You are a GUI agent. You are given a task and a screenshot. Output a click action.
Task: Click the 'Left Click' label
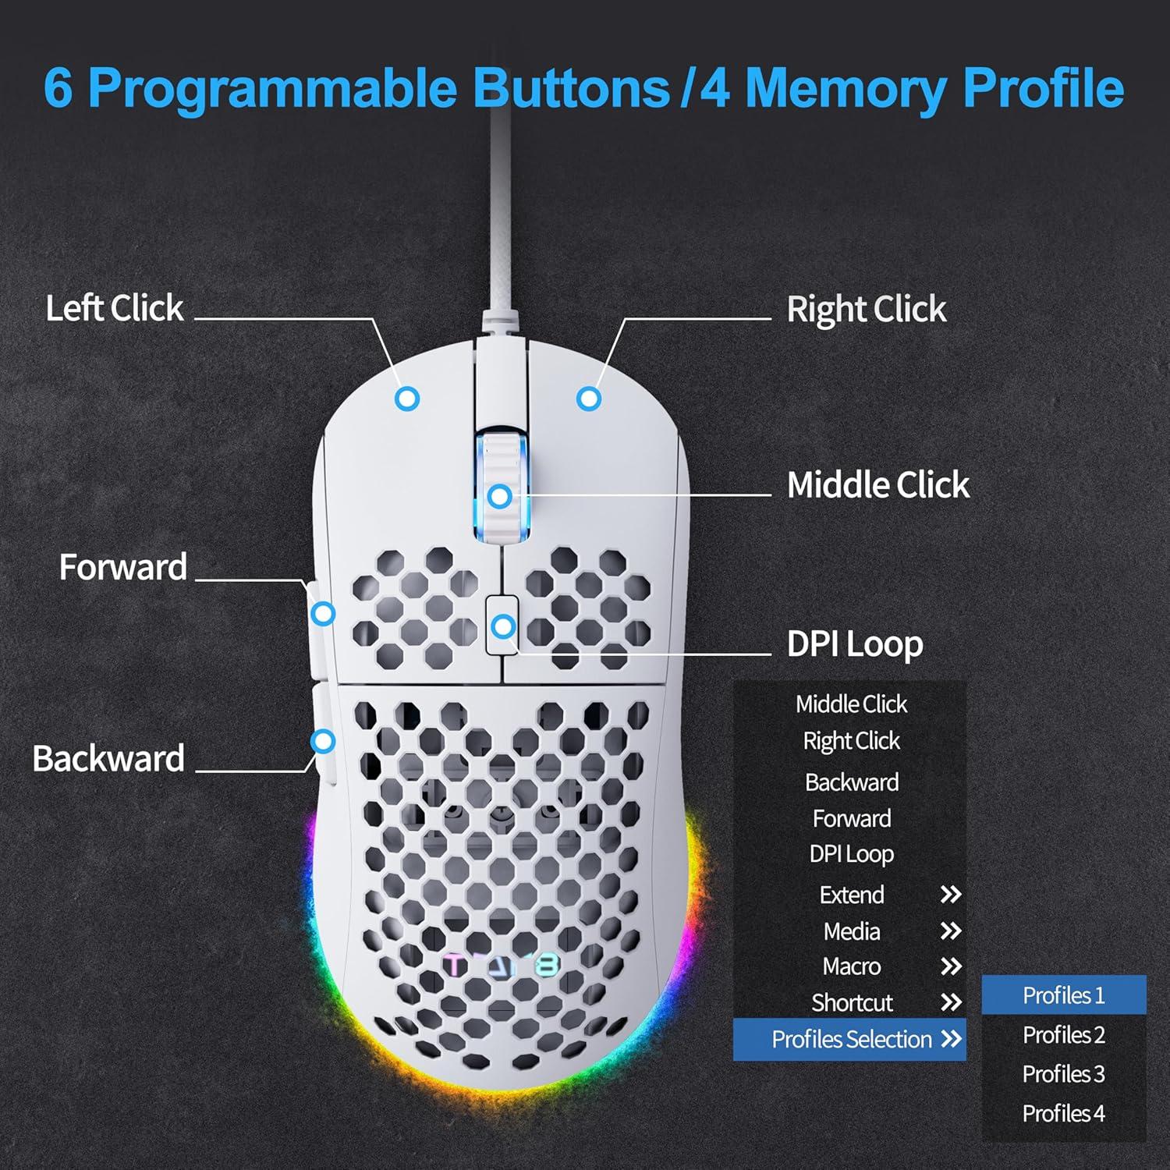tap(115, 308)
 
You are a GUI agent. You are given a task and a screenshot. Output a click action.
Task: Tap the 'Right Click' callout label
tap(866, 310)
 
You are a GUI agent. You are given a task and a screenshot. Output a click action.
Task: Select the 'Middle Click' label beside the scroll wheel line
tap(877, 485)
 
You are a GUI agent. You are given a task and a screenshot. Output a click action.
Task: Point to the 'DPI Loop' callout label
tap(855, 644)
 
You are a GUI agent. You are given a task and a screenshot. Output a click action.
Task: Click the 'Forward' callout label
tap(123, 567)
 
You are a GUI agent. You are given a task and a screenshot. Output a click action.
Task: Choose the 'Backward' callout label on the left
tap(108, 758)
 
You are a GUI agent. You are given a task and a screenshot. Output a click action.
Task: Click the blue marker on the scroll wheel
tap(500, 496)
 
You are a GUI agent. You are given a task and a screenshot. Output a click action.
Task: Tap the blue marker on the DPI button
tap(504, 626)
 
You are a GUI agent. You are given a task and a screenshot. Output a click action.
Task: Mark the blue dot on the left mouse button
tap(407, 399)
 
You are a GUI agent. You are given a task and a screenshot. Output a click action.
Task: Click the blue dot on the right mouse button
tap(589, 399)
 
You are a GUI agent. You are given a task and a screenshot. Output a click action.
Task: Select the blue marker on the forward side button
tap(323, 614)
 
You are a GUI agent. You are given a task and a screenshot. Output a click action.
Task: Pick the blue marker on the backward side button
tap(323, 741)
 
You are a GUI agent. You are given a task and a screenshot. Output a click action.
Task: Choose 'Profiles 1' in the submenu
tap(1063, 995)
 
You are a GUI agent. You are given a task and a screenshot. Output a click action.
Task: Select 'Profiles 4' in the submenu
tap(1063, 1113)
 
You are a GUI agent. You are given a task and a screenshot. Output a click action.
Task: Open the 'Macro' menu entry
tap(851, 966)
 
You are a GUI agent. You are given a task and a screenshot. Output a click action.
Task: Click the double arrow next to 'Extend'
tap(950, 895)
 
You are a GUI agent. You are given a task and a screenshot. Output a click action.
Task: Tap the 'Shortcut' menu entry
tap(852, 1002)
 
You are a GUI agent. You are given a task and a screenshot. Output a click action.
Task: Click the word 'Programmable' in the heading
tap(272, 87)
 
